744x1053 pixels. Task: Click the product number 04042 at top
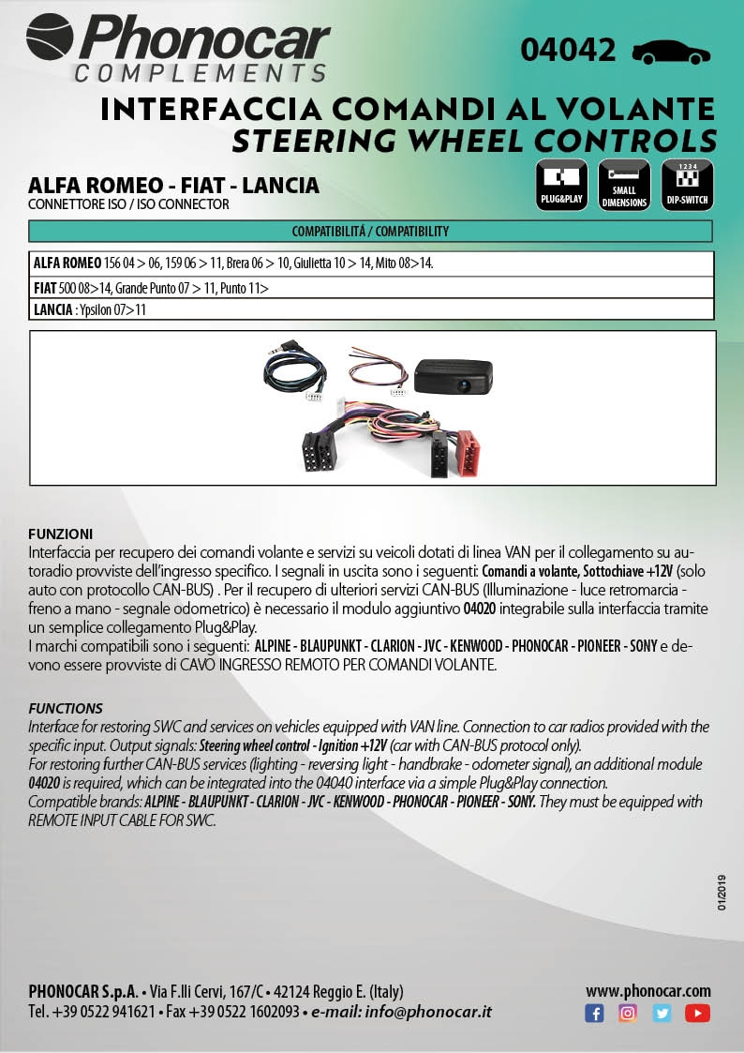coord(568,50)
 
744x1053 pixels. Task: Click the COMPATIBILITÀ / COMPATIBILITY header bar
coord(371,231)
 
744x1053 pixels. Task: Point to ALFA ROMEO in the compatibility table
coord(67,263)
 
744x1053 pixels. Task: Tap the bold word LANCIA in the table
coord(52,309)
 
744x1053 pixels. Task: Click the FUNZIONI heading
coord(61,533)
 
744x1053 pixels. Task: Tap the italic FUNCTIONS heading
coord(66,708)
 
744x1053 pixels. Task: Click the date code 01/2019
coord(722,892)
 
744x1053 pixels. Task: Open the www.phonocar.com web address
coord(647,991)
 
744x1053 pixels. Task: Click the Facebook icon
coord(594,1014)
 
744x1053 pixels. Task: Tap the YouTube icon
coord(697,1014)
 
